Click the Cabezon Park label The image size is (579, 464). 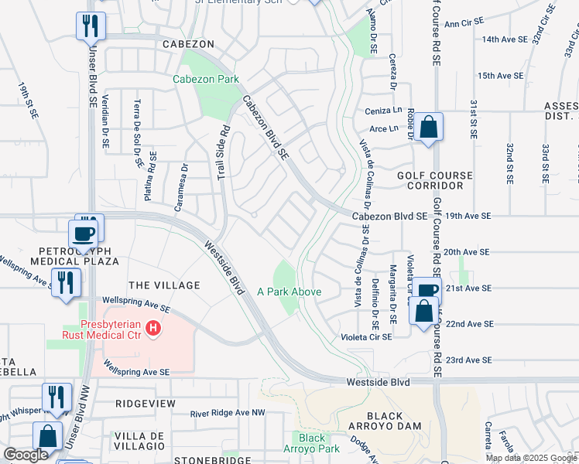click(205, 80)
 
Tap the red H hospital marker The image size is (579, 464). click(154, 329)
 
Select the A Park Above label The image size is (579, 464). click(289, 292)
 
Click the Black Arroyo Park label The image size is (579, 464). click(312, 443)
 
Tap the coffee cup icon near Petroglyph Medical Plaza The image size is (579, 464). click(83, 233)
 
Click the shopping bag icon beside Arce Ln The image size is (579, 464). click(427, 127)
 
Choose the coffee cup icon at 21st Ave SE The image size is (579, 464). click(427, 290)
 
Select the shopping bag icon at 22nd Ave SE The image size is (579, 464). click(425, 314)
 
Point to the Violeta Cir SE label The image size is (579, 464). click(366, 337)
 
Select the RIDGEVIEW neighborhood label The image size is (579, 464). click(146, 404)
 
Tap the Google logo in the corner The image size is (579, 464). click(26, 455)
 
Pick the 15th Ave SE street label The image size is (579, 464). click(501, 76)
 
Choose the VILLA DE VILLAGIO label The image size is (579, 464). click(139, 441)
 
